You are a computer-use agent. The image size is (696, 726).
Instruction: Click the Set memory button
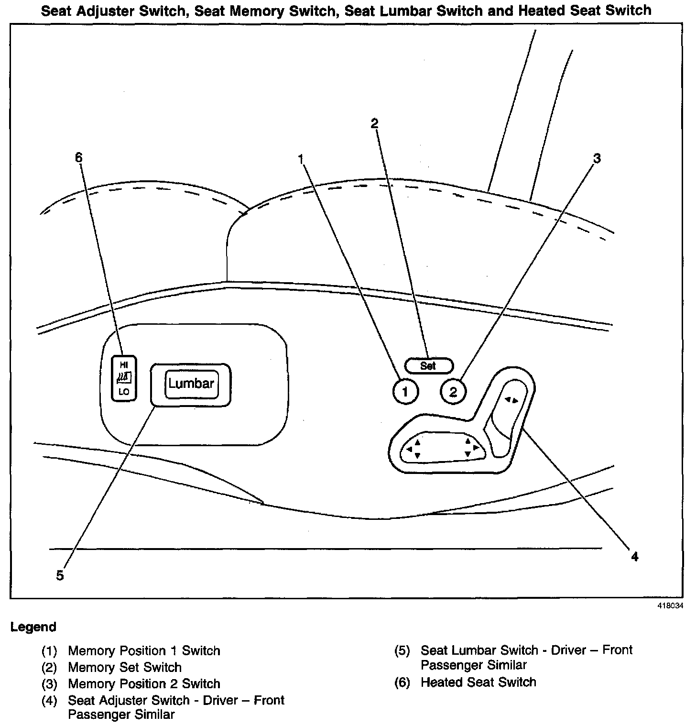click(428, 366)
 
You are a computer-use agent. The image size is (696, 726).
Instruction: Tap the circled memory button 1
click(405, 392)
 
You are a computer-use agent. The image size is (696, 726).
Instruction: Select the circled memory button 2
click(453, 392)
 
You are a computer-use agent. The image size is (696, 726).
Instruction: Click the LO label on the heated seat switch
click(124, 392)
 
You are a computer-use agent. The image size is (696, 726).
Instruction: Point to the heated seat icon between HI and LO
click(124, 378)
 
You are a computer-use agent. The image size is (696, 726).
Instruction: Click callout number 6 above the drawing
click(79, 157)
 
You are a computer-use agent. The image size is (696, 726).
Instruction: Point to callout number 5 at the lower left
click(60, 575)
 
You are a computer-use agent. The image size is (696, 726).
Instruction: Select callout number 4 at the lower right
click(634, 556)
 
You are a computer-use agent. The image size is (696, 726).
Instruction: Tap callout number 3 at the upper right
click(597, 158)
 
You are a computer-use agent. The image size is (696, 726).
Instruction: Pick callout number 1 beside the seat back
click(301, 158)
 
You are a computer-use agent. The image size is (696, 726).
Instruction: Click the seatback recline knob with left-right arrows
click(511, 400)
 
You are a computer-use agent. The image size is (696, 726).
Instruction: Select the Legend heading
click(33, 627)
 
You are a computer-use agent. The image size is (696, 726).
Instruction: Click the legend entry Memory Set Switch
click(125, 667)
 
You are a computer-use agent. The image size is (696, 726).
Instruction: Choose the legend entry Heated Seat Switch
click(478, 682)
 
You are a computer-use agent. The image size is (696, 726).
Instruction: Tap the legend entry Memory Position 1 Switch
click(144, 650)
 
